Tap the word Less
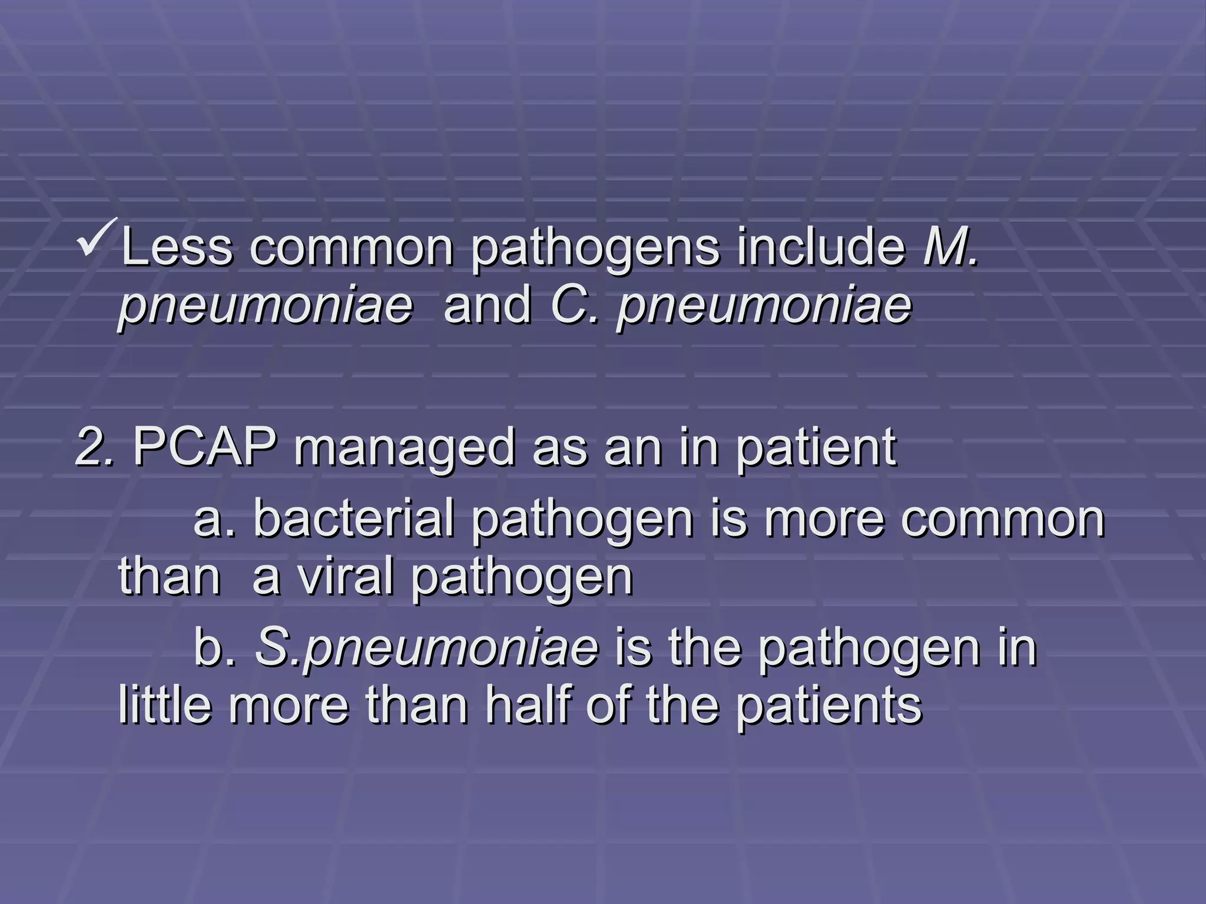pyautogui.click(x=177, y=247)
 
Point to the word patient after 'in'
pyautogui.click(x=816, y=448)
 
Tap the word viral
pyautogui.click(x=345, y=577)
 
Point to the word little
pyautogui.click(x=165, y=706)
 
